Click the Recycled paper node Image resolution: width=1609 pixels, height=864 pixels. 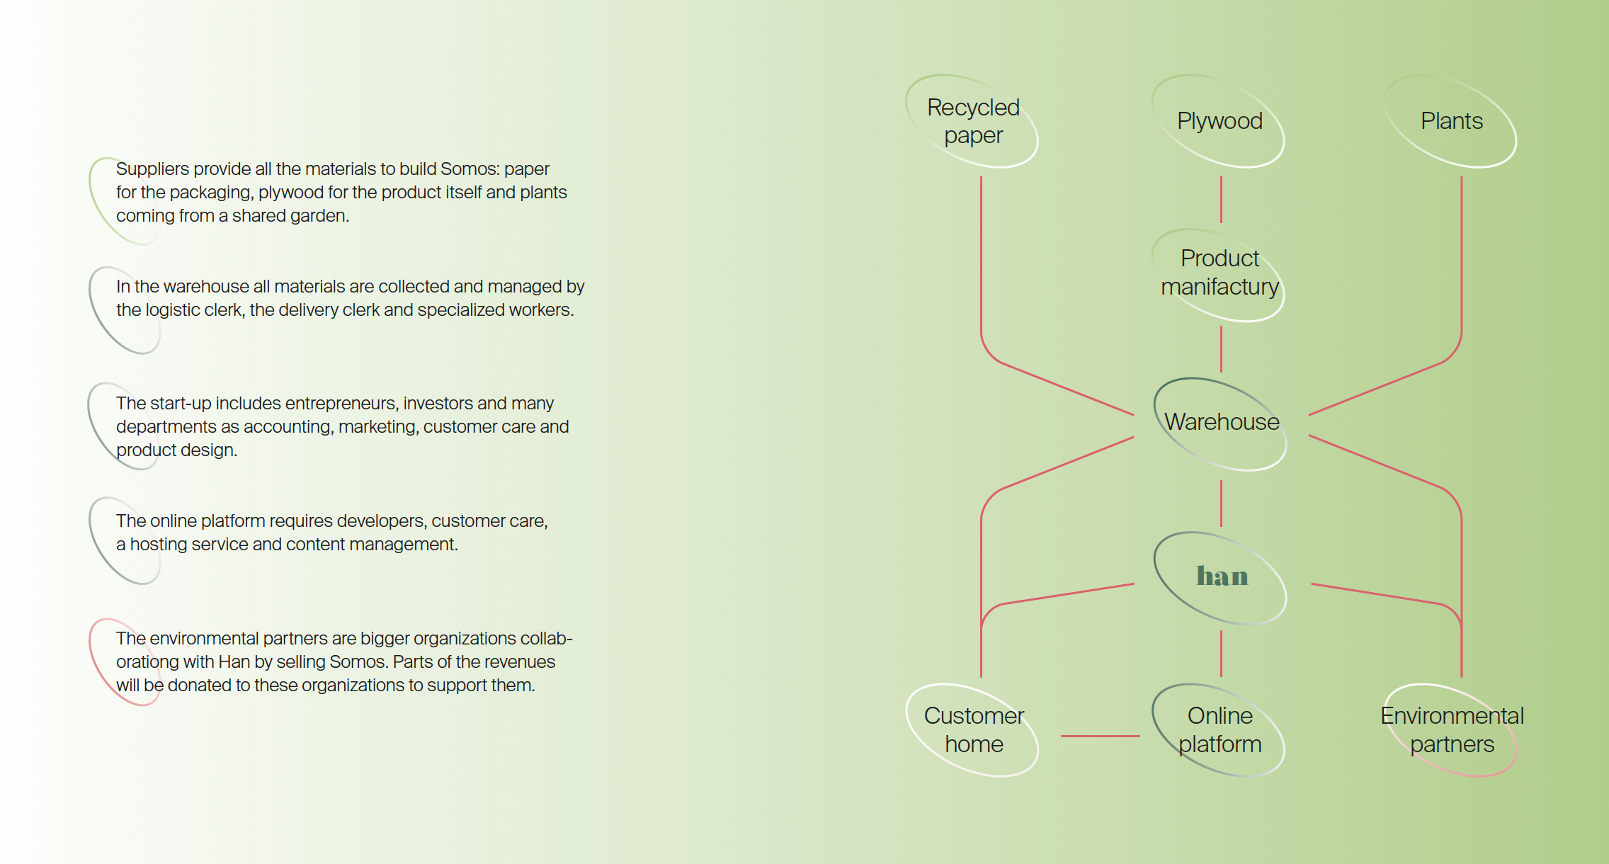tap(972, 121)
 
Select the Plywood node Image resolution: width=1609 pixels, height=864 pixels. tap(1219, 121)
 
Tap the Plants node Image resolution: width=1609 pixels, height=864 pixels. tap(1451, 121)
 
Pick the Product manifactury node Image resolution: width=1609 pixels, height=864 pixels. tap(1219, 273)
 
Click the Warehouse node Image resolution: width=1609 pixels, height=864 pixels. tap(1221, 422)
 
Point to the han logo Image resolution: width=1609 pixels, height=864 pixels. tap(1222, 576)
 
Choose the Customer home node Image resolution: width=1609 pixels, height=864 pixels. tap(973, 729)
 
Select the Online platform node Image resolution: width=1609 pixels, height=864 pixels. tap(1219, 729)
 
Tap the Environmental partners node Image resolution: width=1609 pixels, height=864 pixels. tap(1451, 729)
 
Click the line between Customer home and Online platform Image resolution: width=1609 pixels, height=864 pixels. tap(1100, 736)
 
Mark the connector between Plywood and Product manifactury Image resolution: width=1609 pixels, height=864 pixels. tap(1221, 199)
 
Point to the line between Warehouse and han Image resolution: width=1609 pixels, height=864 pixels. tap(1221, 503)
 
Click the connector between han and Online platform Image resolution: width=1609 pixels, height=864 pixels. tap(1221, 653)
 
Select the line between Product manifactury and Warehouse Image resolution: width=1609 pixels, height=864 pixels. tap(1221, 348)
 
